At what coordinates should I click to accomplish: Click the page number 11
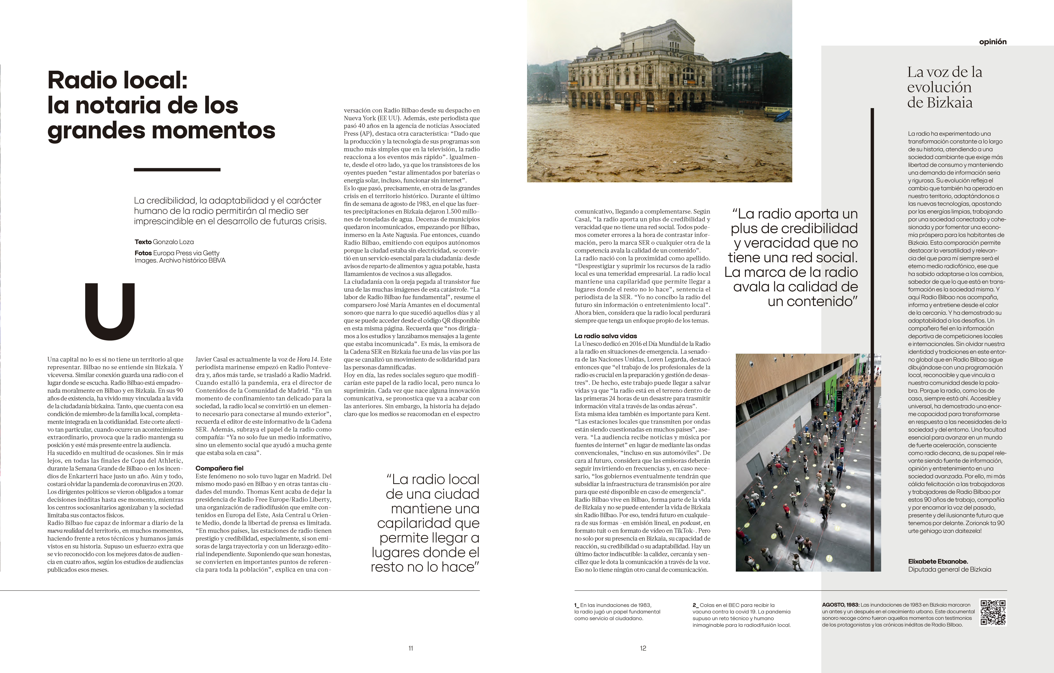411,648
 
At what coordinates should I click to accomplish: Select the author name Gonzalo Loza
173,242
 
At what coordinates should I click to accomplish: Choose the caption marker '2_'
695,605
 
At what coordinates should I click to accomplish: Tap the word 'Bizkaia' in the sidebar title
952,103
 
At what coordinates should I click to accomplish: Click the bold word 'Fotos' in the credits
143,253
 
